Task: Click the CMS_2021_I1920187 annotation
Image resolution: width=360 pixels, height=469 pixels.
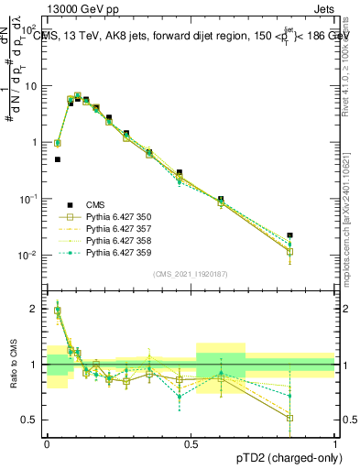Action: [191, 272]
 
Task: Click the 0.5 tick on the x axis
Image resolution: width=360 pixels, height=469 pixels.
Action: [191, 443]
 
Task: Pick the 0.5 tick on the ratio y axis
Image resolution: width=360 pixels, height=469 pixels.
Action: [32, 420]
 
